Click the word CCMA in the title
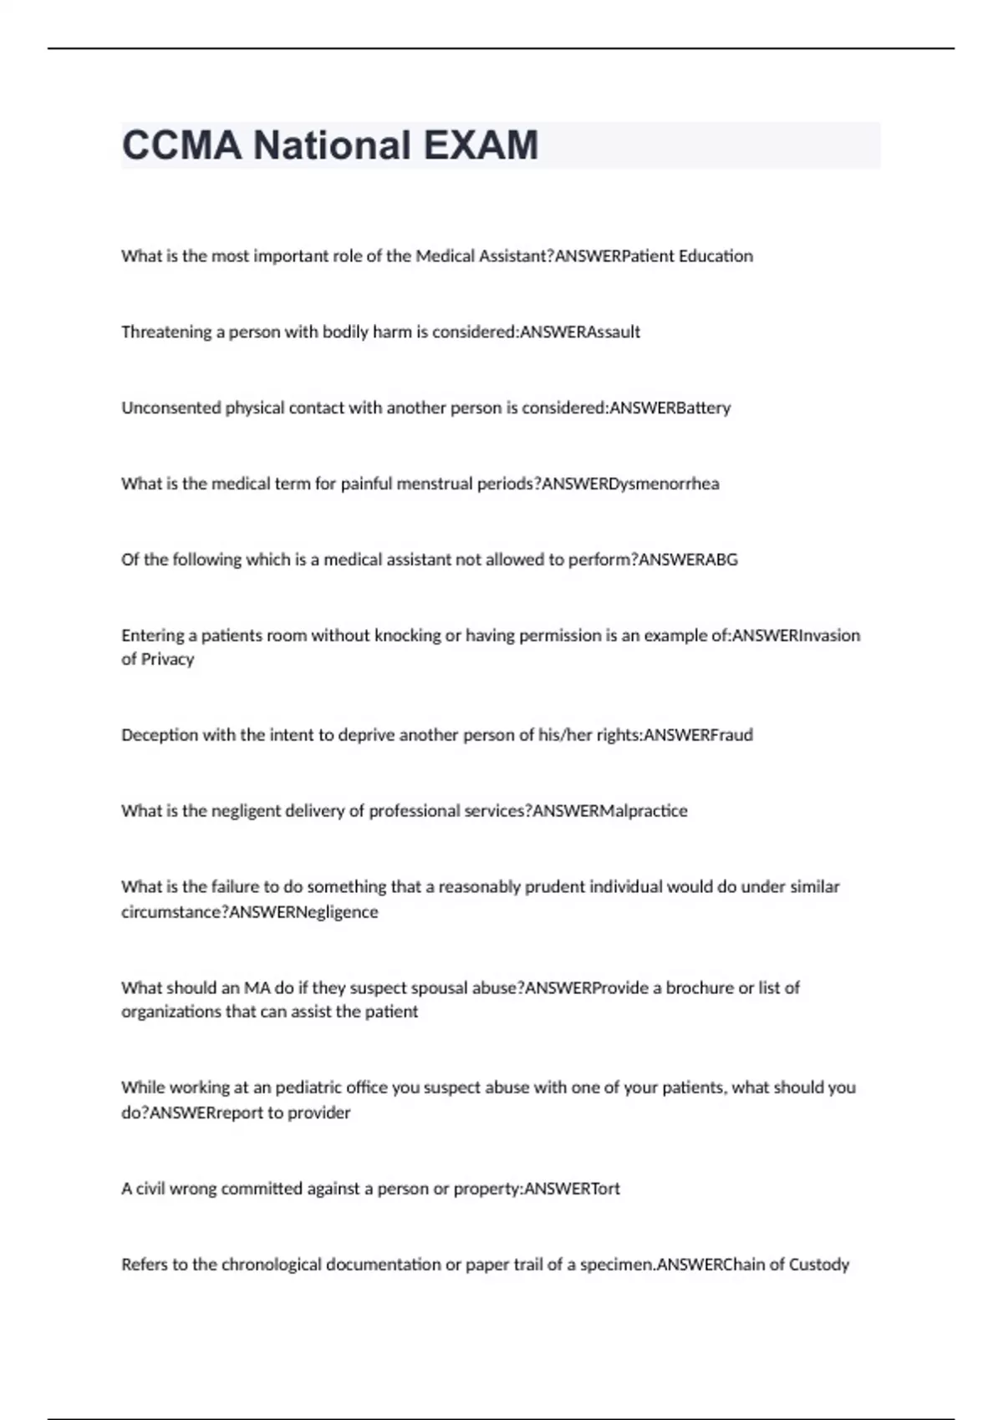[x=182, y=145]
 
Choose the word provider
[x=318, y=1113]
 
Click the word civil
[x=150, y=1189]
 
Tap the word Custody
[x=819, y=1265]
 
